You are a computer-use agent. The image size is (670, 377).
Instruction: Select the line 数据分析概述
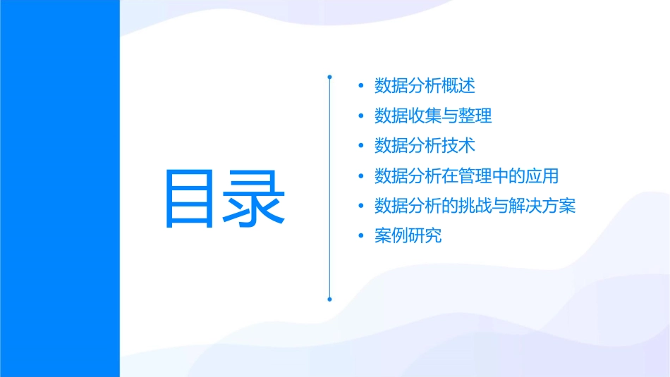click(425, 86)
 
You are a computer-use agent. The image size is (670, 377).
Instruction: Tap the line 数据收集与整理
click(433, 116)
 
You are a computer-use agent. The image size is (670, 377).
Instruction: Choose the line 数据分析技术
click(425, 146)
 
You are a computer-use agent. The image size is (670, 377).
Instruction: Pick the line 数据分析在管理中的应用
click(467, 176)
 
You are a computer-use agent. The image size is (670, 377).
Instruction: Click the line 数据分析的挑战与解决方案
click(475, 206)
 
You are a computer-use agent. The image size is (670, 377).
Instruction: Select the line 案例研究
click(408, 236)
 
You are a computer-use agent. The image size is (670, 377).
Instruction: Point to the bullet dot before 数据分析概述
click(361, 87)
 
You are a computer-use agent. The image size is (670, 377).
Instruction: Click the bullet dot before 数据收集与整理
click(361, 116)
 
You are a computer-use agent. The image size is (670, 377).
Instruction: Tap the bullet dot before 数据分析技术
click(361, 147)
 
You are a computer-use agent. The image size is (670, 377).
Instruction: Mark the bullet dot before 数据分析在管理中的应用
click(361, 176)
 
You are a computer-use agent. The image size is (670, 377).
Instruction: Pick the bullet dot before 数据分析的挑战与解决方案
click(361, 206)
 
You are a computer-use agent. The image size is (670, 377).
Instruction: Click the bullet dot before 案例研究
click(361, 236)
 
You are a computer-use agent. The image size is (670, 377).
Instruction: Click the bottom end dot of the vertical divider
click(329, 299)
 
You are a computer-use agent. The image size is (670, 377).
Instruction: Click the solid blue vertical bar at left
click(59, 188)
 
